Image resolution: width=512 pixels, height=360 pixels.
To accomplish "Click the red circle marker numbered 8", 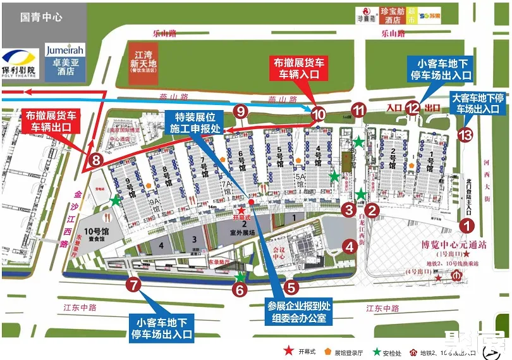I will [95, 159].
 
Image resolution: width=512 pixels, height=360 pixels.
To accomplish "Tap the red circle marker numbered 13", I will [466, 134].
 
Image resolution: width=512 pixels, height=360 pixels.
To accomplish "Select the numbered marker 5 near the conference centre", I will [291, 287].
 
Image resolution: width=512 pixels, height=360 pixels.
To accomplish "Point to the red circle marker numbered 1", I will [466, 224].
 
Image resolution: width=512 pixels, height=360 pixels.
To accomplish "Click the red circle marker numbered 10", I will [318, 115].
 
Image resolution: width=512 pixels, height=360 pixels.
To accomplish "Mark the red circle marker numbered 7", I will [133, 284].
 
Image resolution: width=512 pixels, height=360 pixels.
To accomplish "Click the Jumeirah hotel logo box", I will [65, 60].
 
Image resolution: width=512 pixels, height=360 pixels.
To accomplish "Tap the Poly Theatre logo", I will [19, 63].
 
